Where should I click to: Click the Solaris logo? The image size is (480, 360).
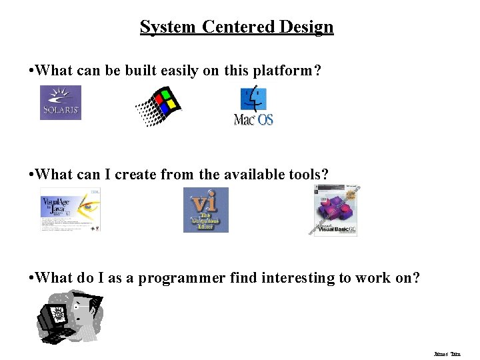click(61, 103)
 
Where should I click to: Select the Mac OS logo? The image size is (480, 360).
click(253, 107)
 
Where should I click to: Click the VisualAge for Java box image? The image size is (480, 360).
click(70, 209)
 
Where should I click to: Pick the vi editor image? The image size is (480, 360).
click(205, 209)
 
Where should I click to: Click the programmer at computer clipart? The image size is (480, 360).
click(69, 319)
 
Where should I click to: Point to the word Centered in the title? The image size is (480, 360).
click(239, 27)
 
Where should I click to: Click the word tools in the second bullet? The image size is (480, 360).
click(309, 175)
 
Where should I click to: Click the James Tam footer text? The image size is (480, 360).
click(447, 354)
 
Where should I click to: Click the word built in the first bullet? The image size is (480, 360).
click(138, 71)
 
